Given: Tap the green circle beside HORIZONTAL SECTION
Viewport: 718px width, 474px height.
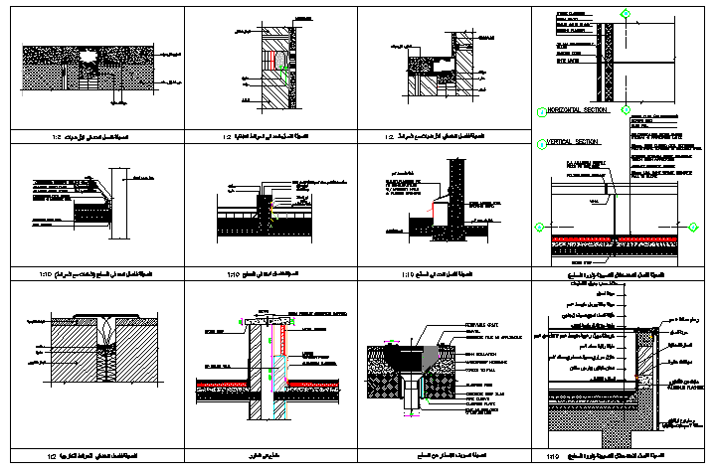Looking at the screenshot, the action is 539,110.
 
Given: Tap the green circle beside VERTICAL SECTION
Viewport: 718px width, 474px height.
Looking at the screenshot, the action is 539,144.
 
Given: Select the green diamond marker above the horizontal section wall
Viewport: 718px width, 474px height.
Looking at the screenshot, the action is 626,13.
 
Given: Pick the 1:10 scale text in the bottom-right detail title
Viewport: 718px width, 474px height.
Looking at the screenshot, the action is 552,457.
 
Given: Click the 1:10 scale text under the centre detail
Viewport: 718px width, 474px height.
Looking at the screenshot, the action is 234,273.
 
